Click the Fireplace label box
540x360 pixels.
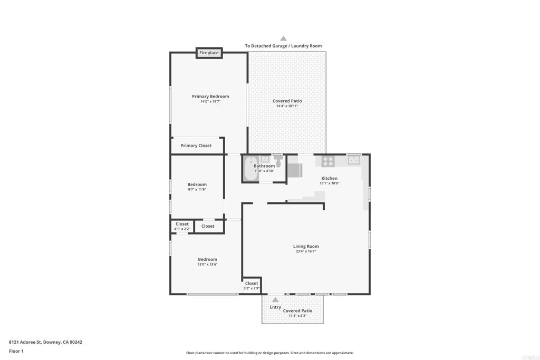pyautogui.click(x=209, y=53)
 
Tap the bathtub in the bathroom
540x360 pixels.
pyautogui.click(x=251, y=169)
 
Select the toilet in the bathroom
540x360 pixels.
pyautogui.click(x=278, y=162)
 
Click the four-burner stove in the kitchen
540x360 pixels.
pyautogui.click(x=328, y=161)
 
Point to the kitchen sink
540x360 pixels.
pyautogui.click(x=354, y=160)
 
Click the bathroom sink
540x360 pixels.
pyautogui.click(x=265, y=159)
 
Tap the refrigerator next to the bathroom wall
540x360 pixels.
pyautogui.click(x=295, y=170)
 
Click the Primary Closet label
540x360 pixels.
pyautogui.click(x=196, y=145)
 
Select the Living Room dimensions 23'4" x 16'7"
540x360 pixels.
pyautogui.click(x=306, y=251)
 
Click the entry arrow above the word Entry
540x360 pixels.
pyautogui.click(x=275, y=300)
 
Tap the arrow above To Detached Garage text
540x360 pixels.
pyautogui.click(x=283, y=38)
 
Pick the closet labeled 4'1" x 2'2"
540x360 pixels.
pyautogui.click(x=182, y=227)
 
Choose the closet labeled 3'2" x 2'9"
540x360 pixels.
pyautogui.click(x=252, y=286)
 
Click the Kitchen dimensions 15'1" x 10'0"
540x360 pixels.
pyautogui.click(x=329, y=183)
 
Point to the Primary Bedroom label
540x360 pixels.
pyautogui.click(x=210, y=96)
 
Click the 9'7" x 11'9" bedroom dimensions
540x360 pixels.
pyautogui.click(x=197, y=190)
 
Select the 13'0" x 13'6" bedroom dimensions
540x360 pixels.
pyautogui.click(x=207, y=264)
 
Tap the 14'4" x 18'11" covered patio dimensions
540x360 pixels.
pyautogui.click(x=287, y=106)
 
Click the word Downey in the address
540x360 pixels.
pyautogui.click(x=52, y=343)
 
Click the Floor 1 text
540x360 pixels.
pyautogui.click(x=16, y=351)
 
